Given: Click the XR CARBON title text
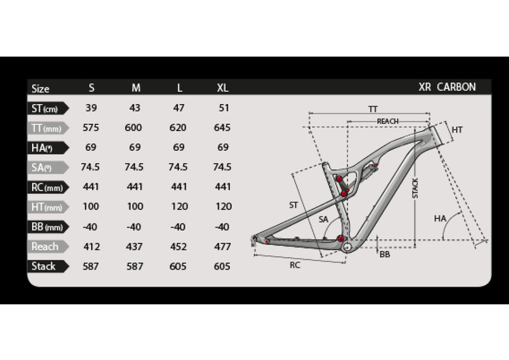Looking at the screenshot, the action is tap(447, 87).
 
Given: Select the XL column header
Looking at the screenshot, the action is tap(223, 88).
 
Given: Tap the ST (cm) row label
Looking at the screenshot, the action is tap(45, 109).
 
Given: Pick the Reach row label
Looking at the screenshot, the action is tap(45, 247).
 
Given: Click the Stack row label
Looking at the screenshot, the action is tap(43, 266).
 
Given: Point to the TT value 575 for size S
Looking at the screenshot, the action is tap(90, 128).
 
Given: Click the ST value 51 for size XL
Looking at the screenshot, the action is tap(224, 108).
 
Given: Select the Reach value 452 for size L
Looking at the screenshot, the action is tap(178, 247).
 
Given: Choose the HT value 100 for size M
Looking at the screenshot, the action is tap(135, 206).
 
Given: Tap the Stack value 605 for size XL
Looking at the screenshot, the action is tap(222, 266).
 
